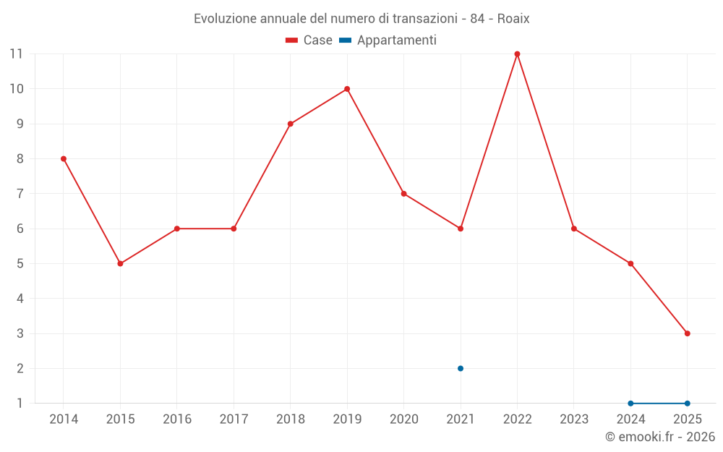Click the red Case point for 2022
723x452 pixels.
tap(518, 54)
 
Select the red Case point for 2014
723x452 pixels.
tap(64, 158)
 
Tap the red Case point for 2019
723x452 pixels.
tap(347, 89)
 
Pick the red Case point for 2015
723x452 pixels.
tap(120, 264)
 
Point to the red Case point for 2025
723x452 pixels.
tap(688, 333)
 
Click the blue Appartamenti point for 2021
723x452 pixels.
tap(461, 369)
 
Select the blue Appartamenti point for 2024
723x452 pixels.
tap(630, 404)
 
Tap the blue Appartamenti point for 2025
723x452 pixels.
tap(688, 404)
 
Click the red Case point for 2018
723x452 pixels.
tap(291, 124)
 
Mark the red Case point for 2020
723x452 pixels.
tap(404, 194)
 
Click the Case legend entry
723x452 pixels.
tap(309, 40)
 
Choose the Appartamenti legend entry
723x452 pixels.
tap(388, 40)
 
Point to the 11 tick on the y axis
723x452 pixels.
tap(16, 54)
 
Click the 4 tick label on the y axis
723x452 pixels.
tap(20, 299)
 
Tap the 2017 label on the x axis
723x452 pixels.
tap(234, 419)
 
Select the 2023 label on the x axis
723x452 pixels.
tap(574, 419)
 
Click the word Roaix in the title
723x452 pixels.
tap(513, 19)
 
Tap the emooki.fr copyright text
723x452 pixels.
tap(660, 436)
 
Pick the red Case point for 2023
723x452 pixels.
tap(574, 229)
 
